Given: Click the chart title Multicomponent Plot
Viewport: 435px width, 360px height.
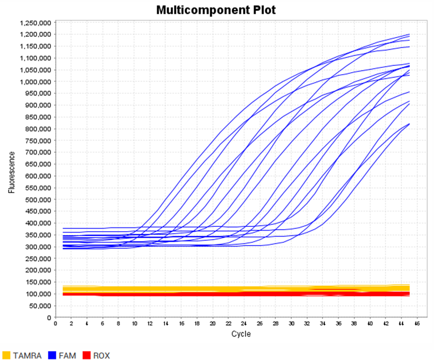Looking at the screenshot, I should pos(216,10).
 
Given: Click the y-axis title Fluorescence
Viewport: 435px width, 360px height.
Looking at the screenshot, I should pos(11,171).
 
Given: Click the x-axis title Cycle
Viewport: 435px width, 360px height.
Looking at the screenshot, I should pos(241,334).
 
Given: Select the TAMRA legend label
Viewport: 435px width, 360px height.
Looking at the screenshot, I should pos(27,355).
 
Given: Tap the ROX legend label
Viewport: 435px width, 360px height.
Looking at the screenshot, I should pos(101,355).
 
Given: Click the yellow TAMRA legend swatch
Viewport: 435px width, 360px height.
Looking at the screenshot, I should pos(6,355).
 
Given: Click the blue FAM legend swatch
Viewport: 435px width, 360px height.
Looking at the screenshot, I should pos(52,355).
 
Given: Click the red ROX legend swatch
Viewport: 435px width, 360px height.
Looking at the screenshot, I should pos(86,355).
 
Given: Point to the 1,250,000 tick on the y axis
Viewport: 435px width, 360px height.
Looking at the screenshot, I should pos(35,23).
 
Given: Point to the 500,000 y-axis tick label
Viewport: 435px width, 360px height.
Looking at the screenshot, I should pos(37,200).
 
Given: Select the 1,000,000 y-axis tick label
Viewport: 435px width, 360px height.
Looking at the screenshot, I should pos(35,82).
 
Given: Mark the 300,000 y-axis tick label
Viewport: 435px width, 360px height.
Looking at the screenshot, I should pos(37,247).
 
